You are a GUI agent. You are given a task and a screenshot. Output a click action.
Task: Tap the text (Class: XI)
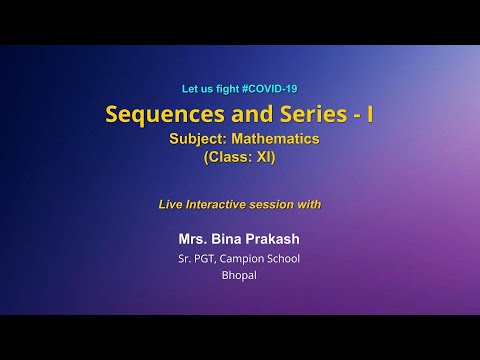[239, 157]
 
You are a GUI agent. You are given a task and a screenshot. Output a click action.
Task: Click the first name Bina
[229, 239]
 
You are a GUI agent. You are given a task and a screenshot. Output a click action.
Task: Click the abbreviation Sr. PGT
[194, 258]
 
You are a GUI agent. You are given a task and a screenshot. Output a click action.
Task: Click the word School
[282, 258]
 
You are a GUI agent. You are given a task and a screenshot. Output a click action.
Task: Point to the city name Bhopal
[239, 274]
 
